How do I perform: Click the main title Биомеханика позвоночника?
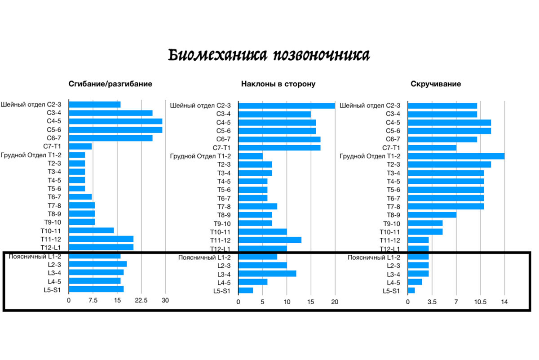(x=269, y=55)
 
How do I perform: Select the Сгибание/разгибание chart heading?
(x=110, y=84)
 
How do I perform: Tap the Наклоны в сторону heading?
(x=278, y=84)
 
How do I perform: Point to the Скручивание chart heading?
(x=435, y=84)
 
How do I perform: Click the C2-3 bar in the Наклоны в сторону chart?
(x=287, y=106)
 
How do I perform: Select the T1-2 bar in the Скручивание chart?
(x=456, y=156)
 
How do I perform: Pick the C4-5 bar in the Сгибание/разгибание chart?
(x=115, y=121)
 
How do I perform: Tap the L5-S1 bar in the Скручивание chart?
(x=411, y=290)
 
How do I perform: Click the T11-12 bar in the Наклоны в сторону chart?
(x=269, y=240)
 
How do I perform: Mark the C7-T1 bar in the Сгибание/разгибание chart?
(x=80, y=147)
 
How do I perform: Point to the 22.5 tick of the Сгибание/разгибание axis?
(x=141, y=301)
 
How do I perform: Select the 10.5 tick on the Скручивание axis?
(x=480, y=302)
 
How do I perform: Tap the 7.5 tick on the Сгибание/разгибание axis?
(x=93, y=301)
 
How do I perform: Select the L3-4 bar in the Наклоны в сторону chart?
(x=267, y=274)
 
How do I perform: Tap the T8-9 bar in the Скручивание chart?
(x=432, y=215)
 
